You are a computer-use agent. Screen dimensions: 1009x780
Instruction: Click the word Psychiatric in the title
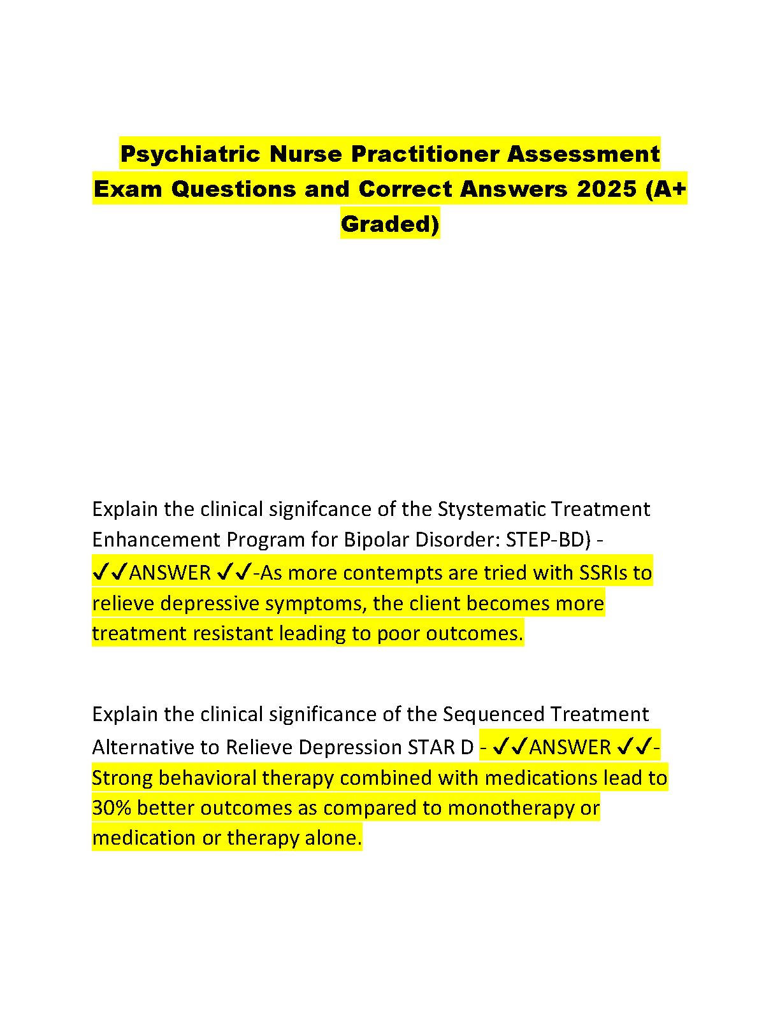click(x=189, y=154)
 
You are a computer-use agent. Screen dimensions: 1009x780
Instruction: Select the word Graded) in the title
click(x=390, y=224)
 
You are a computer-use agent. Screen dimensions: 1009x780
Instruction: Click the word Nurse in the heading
click(x=305, y=154)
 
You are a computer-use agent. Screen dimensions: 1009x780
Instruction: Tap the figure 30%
click(x=112, y=808)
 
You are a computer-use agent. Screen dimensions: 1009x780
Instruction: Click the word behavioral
click(x=207, y=778)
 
